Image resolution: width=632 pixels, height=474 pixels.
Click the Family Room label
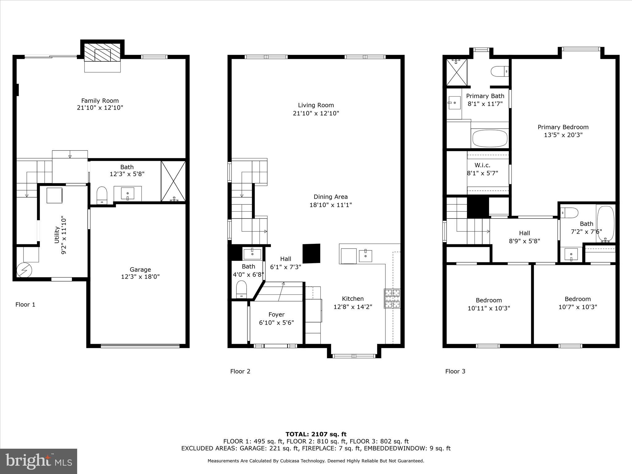coord(100,101)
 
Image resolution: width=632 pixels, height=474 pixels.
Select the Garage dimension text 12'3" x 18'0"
coord(140,277)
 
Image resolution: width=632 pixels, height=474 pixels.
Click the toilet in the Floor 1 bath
coord(102,195)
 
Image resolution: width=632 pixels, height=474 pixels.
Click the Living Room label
coord(316,105)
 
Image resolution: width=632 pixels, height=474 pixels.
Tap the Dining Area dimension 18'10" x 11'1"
coord(331,205)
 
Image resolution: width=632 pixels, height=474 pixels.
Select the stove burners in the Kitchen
coord(392,298)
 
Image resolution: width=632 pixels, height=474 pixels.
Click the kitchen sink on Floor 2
coord(365,256)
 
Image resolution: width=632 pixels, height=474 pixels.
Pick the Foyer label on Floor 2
coord(276,314)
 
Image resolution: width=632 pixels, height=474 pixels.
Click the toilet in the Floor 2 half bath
coord(241,289)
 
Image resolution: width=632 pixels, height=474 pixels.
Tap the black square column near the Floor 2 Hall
coord(311,253)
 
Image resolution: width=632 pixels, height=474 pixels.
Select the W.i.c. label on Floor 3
coord(482,165)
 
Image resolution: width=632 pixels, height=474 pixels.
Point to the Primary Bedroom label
coord(563,127)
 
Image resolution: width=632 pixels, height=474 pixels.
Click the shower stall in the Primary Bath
coord(457,72)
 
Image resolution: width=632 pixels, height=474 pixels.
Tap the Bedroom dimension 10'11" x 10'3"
coord(489,308)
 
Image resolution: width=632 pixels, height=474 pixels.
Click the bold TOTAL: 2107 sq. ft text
coord(316,434)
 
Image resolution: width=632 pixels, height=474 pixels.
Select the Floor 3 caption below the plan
coord(455,371)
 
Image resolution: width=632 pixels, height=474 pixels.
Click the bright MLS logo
coord(39,461)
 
